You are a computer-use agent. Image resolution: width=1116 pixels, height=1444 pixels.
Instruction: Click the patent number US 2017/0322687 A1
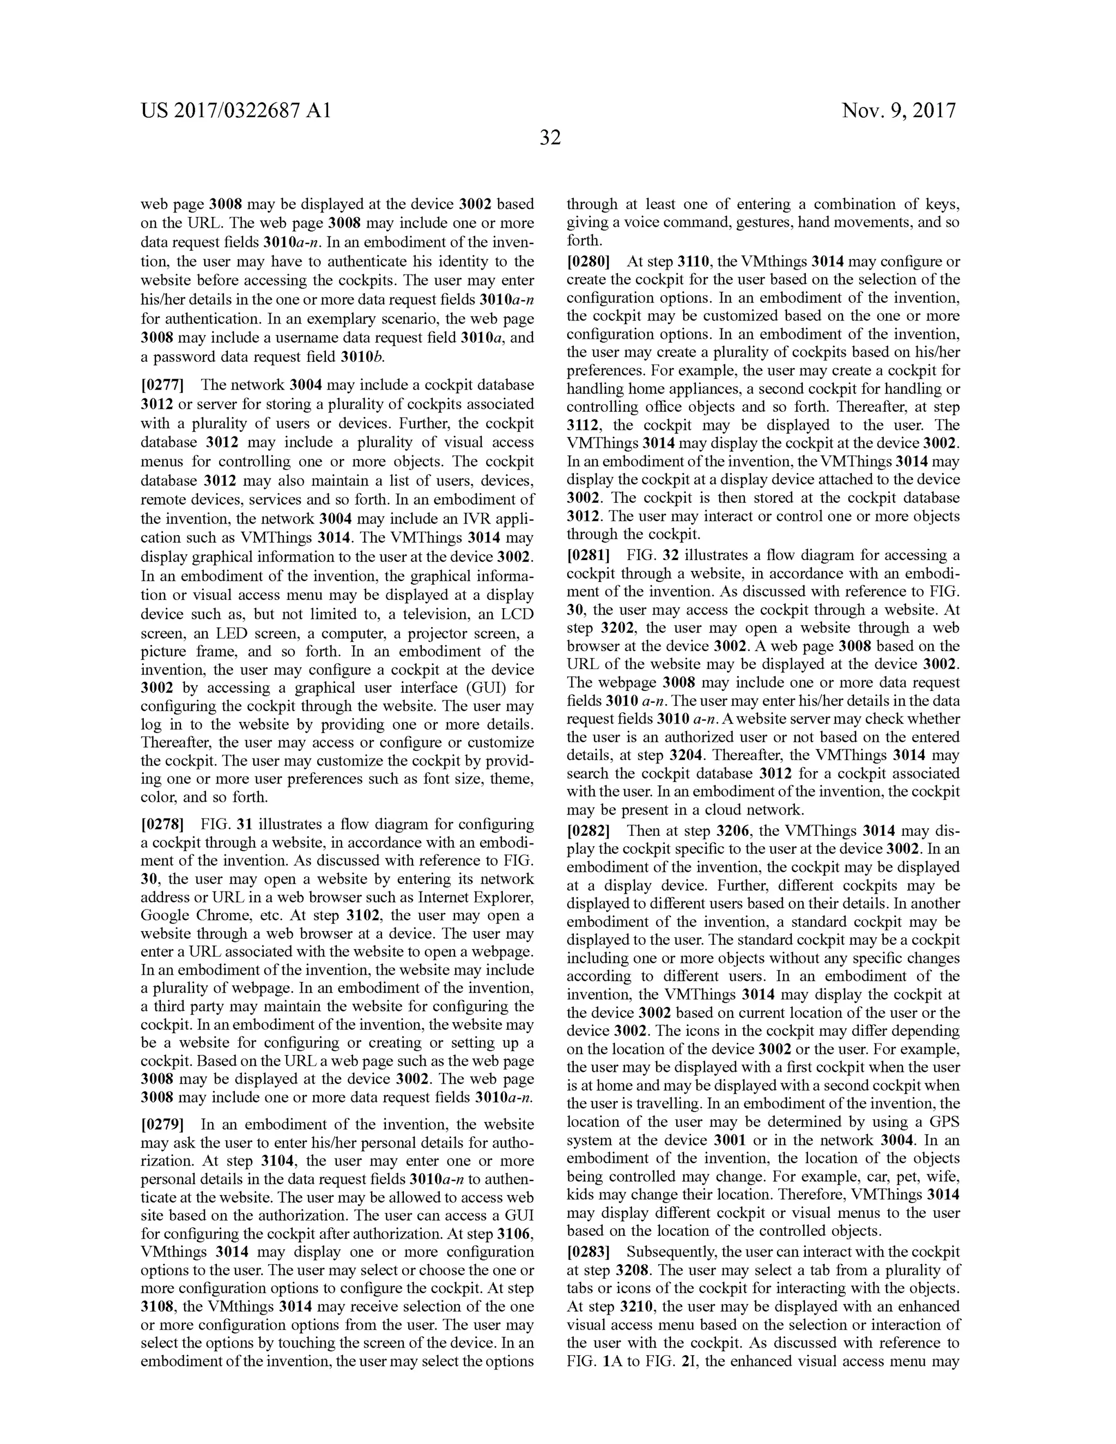pos(235,111)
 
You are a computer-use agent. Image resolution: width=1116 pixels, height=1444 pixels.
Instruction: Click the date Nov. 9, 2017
pos(899,111)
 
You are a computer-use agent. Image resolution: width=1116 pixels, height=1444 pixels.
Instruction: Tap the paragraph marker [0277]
pos(162,385)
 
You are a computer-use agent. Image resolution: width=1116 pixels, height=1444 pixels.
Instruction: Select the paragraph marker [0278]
pos(162,824)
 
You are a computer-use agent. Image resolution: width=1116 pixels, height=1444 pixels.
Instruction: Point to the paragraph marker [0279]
pos(162,1125)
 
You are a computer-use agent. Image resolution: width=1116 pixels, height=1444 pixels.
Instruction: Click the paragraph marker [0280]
pos(589,261)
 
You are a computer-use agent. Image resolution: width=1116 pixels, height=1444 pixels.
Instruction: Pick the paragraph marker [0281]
pos(589,555)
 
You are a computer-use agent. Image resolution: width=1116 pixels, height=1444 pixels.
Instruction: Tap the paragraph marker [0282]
pos(589,830)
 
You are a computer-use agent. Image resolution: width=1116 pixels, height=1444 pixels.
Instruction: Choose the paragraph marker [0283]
pos(589,1252)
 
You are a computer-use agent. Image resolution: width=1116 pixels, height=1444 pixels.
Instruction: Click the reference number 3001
pos(730,1140)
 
